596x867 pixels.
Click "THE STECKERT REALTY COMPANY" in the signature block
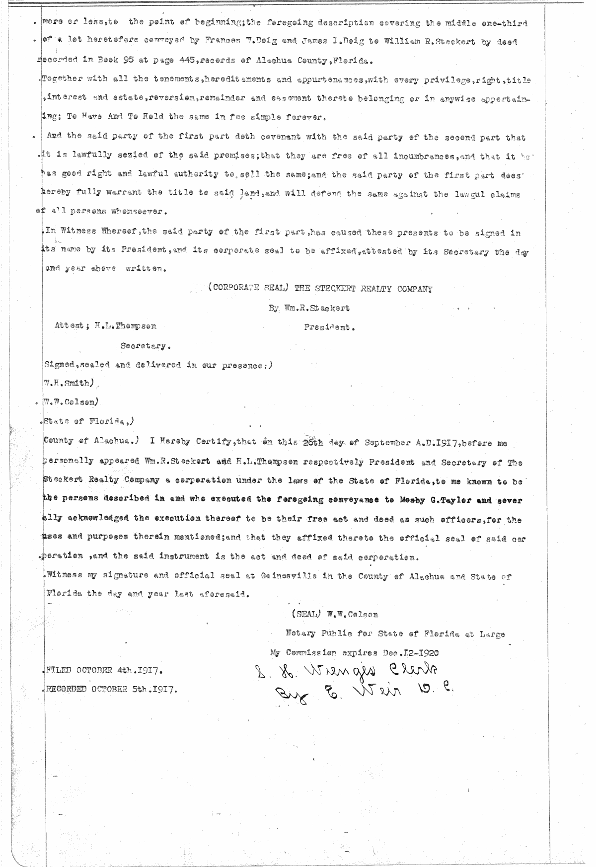(363, 289)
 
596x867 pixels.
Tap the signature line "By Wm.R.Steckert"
(309, 308)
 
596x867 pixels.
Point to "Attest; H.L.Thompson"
(106, 326)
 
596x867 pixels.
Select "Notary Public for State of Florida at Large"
(395, 634)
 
